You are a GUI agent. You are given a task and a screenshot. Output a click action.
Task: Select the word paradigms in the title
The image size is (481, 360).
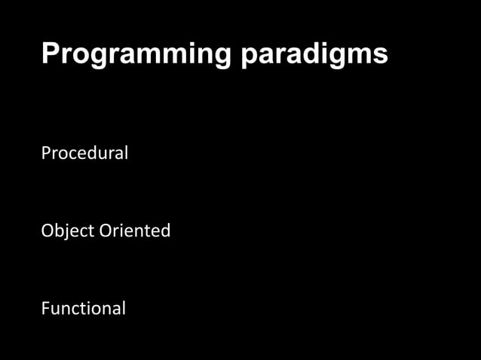315,54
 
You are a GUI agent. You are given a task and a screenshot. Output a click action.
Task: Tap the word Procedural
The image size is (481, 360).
84,153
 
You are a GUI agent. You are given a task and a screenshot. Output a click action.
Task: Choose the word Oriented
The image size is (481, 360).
135,230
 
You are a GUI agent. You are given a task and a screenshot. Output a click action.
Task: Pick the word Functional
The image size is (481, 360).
83,308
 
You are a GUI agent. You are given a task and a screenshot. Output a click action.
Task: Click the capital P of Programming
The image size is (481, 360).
49,53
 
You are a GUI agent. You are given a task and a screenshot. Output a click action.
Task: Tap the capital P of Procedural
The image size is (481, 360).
45,153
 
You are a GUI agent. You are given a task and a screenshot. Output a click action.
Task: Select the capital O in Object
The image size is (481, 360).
47,230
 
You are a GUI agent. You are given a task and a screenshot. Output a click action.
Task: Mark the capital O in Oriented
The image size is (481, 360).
106,230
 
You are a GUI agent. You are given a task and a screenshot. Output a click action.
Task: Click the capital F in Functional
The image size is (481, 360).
45,308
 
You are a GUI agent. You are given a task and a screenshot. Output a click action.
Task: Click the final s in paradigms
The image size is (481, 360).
381,56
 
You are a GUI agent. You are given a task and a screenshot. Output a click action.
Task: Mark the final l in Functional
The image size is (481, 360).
123,307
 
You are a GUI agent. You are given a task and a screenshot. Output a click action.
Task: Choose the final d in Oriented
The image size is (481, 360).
166,230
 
